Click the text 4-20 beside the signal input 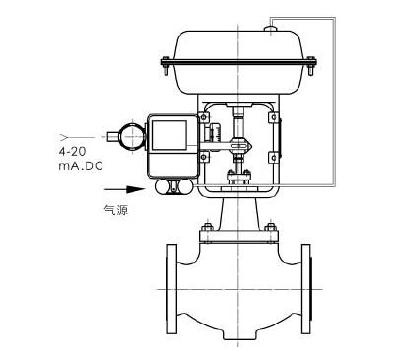click(x=72, y=152)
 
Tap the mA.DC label click(x=81, y=166)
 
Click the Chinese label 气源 click(x=115, y=210)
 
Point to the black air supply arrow click(x=124, y=189)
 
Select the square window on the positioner click(x=169, y=135)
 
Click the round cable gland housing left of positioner click(x=132, y=136)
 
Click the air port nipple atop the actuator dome click(x=270, y=29)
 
